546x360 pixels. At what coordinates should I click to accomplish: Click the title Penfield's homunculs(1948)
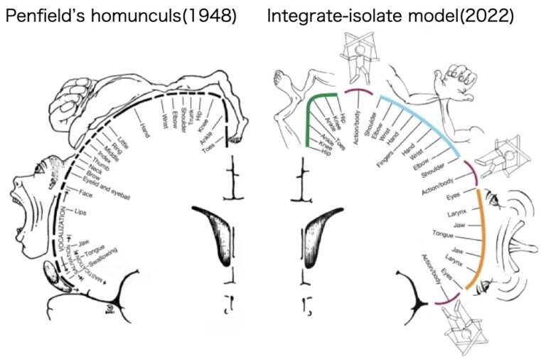(x=121, y=16)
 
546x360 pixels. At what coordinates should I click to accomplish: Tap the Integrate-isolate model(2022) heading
(x=390, y=16)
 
